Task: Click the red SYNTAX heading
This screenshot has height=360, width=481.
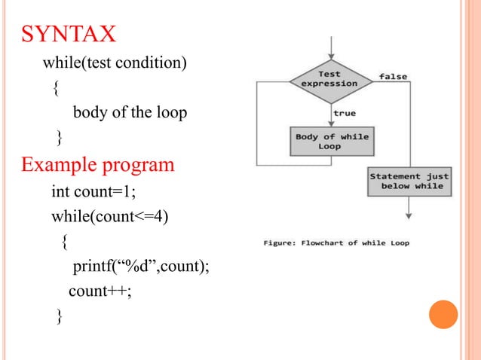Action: (x=69, y=35)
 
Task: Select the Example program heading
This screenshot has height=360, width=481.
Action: (x=98, y=163)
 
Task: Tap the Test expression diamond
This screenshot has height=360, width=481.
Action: (x=329, y=79)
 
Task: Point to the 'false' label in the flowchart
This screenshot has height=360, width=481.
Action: (x=394, y=76)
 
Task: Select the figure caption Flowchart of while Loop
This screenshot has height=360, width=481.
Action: (x=336, y=243)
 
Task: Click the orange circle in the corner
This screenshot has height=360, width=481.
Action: (x=443, y=314)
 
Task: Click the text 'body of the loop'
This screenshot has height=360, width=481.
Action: (x=129, y=113)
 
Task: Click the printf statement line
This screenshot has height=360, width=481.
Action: (x=140, y=267)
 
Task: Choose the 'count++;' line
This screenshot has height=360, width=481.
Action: (x=100, y=291)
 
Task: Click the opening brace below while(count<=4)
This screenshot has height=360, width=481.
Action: (x=65, y=242)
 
